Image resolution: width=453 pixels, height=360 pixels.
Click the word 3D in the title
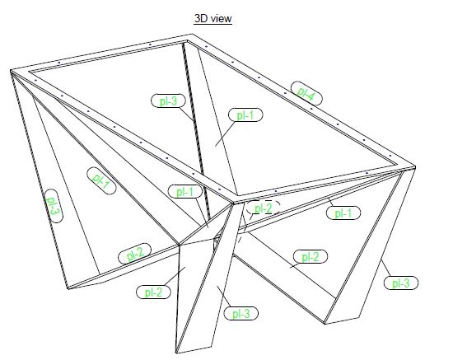point(201,18)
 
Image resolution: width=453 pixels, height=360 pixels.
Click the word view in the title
point(222,19)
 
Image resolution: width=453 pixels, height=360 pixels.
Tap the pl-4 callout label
point(306,93)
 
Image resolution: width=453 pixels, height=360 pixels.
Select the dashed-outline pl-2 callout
point(264,208)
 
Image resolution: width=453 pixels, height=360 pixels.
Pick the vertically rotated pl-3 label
point(54,206)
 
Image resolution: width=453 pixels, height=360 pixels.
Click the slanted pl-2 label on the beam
point(134,254)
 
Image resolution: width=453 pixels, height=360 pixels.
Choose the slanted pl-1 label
point(101,180)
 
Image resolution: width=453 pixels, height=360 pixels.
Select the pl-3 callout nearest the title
point(168,101)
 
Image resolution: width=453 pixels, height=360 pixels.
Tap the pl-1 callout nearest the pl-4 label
point(245,115)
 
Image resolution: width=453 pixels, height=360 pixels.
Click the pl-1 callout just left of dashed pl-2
point(184,191)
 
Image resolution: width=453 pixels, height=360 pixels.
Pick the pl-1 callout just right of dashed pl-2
point(343,213)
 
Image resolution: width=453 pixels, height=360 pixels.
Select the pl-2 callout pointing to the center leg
point(153,292)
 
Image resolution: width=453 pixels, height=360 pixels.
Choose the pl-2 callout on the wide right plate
point(311,256)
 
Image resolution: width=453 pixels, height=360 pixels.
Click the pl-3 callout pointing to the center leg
point(241,313)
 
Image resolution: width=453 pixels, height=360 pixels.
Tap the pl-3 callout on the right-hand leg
point(401,283)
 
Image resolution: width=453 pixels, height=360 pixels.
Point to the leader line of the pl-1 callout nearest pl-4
point(225,133)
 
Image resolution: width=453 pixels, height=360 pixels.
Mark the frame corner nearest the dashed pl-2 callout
point(233,201)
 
